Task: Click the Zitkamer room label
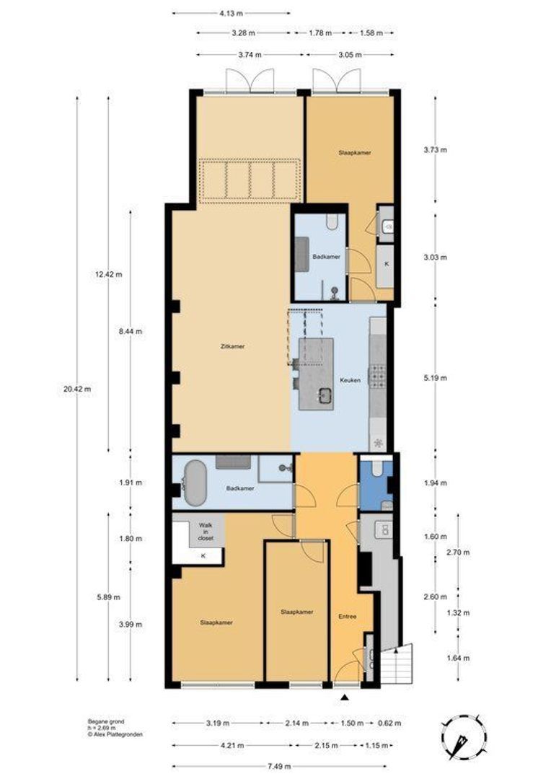(x=232, y=347)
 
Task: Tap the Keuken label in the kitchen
(x=351, y=379)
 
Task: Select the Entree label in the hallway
(x=348, y=617)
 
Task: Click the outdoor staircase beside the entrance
(x=399, y=662)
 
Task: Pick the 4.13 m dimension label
(x=232, y=12)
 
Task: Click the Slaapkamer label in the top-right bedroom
(x=354, y=153)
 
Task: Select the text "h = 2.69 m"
(x=95, y=727)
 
